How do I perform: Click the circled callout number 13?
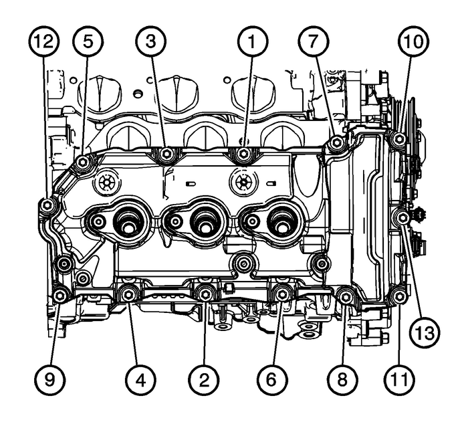pos(424,330)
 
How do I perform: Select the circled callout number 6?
pos(271,379)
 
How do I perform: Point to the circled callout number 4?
pos(139,379)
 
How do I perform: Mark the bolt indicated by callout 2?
pos(206,293)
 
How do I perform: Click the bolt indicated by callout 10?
pos(398,140)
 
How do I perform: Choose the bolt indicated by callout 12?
pos(47,206)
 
